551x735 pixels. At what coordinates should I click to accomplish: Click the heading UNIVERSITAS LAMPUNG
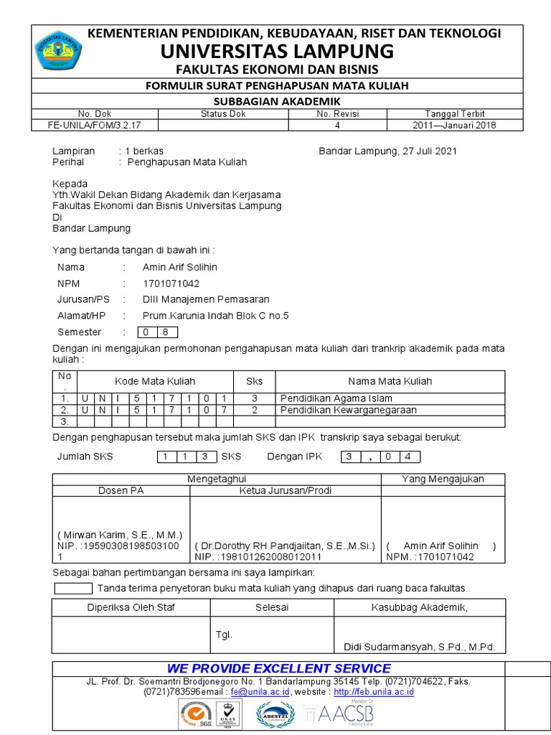(277, 51)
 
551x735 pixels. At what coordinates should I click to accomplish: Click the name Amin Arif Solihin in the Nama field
(180, 267)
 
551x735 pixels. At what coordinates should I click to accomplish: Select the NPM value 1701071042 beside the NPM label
(171, 284)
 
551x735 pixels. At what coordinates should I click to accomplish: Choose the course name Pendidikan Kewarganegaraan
(348, 410)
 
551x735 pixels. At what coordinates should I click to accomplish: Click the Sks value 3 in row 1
(254, 398)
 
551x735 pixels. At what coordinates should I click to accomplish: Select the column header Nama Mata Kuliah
(390, 381)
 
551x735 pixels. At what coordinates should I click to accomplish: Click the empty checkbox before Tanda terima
(73, 589)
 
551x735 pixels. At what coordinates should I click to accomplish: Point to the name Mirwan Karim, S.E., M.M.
(120, 535)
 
